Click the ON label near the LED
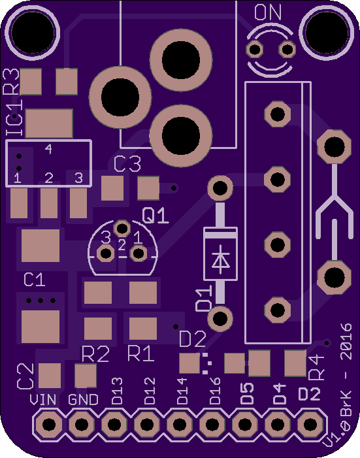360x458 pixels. pyautogui.click(x=268, y=12)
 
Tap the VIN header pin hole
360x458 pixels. pyautogui.click(x=49, y=424)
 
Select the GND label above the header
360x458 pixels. pyautogui.click(x=83, y=400)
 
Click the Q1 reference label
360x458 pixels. pyautogui.click(x=155, y=216)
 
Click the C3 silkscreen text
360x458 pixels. pyautogui.click(x=127, y=164)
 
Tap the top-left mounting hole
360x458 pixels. pyautogui.click(x=33, y=33)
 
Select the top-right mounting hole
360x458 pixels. pyautogui.click(x=327, y=33)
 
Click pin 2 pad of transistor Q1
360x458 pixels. pyautogui.click(x=122, y=228)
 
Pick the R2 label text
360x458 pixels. pyautogui.click(x=95, y=353)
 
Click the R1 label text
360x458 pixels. pyautogui.click(x=141, y=353)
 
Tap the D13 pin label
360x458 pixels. pyautogui.click(x=117, y=391)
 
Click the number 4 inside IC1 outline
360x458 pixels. pyautogui.click(x=48, y=149)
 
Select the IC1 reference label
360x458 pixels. pyautogui.click(x=14, y=118)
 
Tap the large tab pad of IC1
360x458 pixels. pyautogui.click(x=49, y=123)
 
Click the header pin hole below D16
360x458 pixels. pyautogui.click(x=212, y=424)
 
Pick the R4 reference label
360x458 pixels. pyautogui.click(x=316, y=367)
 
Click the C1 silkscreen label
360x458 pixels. pyautogui.click(x=34, y=280)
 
